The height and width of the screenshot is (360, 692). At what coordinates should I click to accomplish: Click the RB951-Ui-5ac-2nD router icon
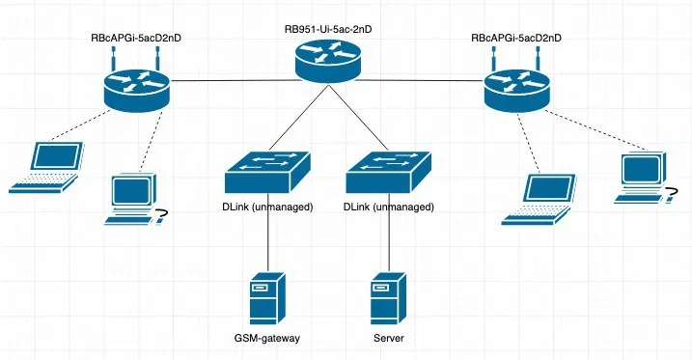328,61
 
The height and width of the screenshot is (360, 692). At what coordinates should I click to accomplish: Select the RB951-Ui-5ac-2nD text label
328,30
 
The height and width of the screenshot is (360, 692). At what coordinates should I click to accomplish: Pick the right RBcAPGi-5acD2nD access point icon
516,84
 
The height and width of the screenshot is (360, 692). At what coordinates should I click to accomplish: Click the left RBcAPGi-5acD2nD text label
136,38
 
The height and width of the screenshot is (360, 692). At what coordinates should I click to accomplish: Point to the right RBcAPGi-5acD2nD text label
516,38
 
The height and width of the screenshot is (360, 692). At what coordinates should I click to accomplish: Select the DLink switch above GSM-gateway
267,173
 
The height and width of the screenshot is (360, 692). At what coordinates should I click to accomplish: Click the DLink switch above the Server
388,173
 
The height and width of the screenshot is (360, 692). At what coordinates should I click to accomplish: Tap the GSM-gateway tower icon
267,298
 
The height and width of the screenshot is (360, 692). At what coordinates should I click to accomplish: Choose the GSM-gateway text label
267,339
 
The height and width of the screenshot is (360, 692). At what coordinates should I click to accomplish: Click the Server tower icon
388,298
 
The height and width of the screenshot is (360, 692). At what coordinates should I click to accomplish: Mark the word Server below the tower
388,339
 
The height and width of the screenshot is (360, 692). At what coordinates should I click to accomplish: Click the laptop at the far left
46,167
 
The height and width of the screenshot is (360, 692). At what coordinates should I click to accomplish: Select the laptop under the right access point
539,200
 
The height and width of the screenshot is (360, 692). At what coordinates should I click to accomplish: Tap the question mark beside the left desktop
160,216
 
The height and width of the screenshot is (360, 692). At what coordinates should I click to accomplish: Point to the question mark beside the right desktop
671,194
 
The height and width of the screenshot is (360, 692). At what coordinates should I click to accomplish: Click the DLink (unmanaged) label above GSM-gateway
267,207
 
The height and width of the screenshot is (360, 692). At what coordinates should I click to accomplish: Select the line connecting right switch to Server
389,233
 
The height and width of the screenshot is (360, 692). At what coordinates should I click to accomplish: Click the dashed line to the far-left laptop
80,125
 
